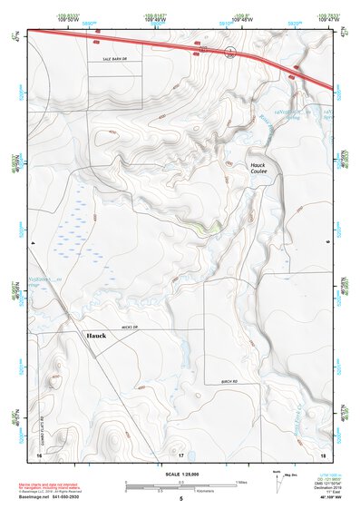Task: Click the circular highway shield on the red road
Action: [x=231, y=53]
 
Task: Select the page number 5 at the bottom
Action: [x=181, y=499]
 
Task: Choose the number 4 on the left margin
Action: [x=32, y=244]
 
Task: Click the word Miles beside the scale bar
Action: [x=241, y=481]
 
